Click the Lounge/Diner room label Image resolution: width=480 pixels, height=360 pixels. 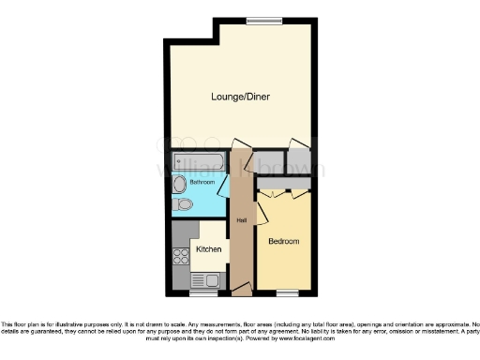click(241, 97)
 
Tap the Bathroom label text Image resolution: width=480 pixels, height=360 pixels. click(202, 181)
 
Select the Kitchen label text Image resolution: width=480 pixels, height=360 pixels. click(208, 248)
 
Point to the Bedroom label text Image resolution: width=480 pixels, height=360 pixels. click(283, 241)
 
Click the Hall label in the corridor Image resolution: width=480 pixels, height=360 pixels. click(241, 220)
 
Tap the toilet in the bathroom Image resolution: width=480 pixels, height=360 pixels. click(184, 203)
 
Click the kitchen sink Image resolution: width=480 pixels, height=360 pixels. click(203, 279)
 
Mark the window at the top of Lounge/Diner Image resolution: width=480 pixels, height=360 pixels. click(258, 21)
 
